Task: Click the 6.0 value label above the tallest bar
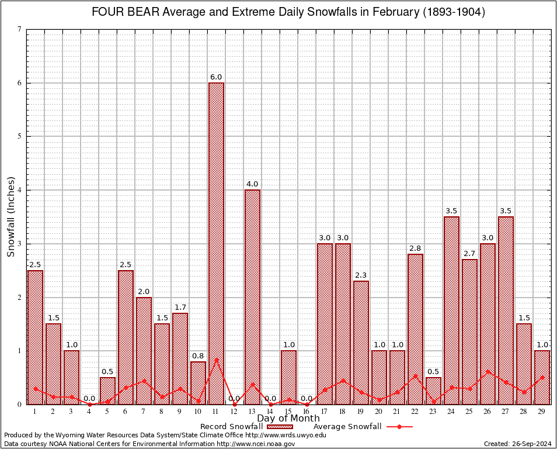(x=216, y=77)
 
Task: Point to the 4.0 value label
(x=252, y=184)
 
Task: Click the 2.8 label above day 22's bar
(x=415, y=248)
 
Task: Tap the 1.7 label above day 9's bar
(x=180, y=308)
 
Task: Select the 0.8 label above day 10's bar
(x=198, y=355)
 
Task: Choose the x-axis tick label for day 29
(x=542, y=412)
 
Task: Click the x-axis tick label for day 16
(x=307, y=412)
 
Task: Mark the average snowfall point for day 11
(x=216, y=360)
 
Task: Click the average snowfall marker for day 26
(x=488, y=371)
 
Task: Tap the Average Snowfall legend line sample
(x=399, y=427)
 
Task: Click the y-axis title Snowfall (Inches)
(x=11, y=216)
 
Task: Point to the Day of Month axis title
(x=288, y=419)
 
